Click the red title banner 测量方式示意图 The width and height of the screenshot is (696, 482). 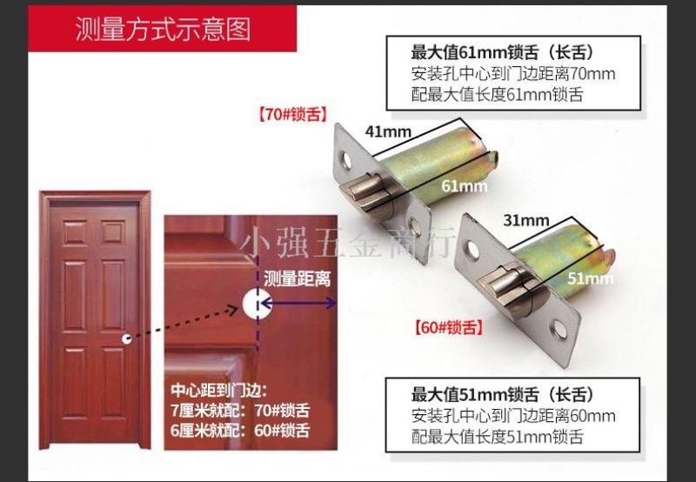pos(163,30)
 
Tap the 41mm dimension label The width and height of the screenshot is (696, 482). pos(388,131)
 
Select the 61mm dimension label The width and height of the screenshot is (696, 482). pos(465,186)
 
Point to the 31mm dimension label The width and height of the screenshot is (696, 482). pos(526,220)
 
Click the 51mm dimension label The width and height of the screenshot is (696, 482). pos(591,278)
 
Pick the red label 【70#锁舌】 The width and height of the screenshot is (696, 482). pos(293,116)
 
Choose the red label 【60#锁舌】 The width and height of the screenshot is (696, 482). pos(448,327)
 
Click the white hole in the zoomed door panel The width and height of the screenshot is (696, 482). pos(257,304)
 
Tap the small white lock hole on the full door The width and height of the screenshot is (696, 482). pos(127,339)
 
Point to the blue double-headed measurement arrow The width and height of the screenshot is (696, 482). pos(298,304)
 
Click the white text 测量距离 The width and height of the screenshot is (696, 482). pos(297,279)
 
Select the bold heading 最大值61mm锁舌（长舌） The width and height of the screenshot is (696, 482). pos(502,53)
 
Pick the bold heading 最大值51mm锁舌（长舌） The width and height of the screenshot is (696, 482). pos(502,395)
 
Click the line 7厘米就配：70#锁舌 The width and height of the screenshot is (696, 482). pos(240,411)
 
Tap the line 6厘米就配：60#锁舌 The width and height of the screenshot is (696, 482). pos(240,431)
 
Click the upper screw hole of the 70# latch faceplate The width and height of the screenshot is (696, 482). pos(346,161)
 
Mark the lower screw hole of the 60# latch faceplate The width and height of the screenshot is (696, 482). pos(557,331)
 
